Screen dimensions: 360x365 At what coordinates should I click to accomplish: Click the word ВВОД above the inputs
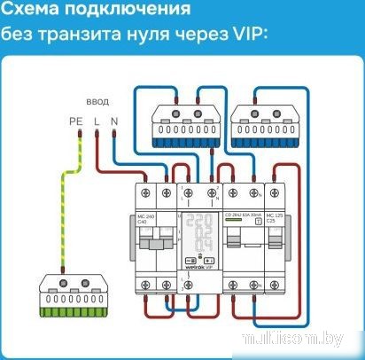97,100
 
